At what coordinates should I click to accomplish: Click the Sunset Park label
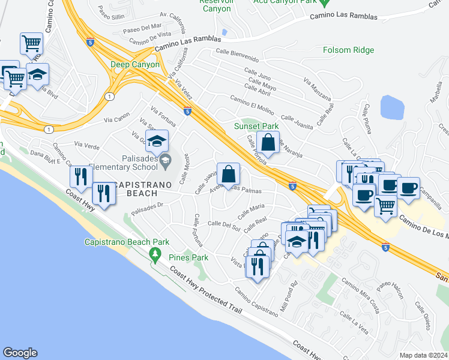256,126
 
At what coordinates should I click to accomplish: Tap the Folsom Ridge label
348,50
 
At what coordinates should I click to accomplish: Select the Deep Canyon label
135,64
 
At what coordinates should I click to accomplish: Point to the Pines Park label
188,257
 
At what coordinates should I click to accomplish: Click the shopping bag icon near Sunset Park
268,143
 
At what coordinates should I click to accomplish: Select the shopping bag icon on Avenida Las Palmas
228,175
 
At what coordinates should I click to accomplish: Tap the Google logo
20,352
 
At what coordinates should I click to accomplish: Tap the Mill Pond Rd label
294,292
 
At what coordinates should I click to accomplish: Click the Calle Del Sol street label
224,225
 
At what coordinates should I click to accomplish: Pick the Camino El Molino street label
252,103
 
